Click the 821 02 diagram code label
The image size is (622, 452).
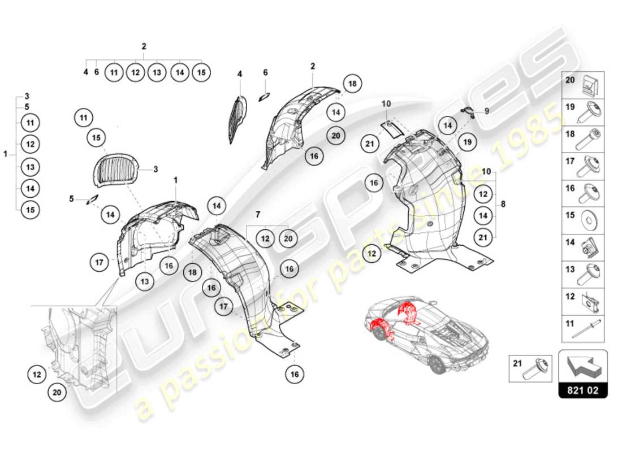pos(582,390)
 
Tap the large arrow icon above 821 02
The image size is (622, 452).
pos(582,366)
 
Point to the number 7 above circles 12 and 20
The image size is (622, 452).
pos(258,214)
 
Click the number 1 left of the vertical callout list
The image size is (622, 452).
pos(6,154)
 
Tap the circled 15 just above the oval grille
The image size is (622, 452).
pos(97,138)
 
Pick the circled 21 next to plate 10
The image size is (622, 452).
pos(370,144)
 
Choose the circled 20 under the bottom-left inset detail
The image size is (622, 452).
pos(56,394)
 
